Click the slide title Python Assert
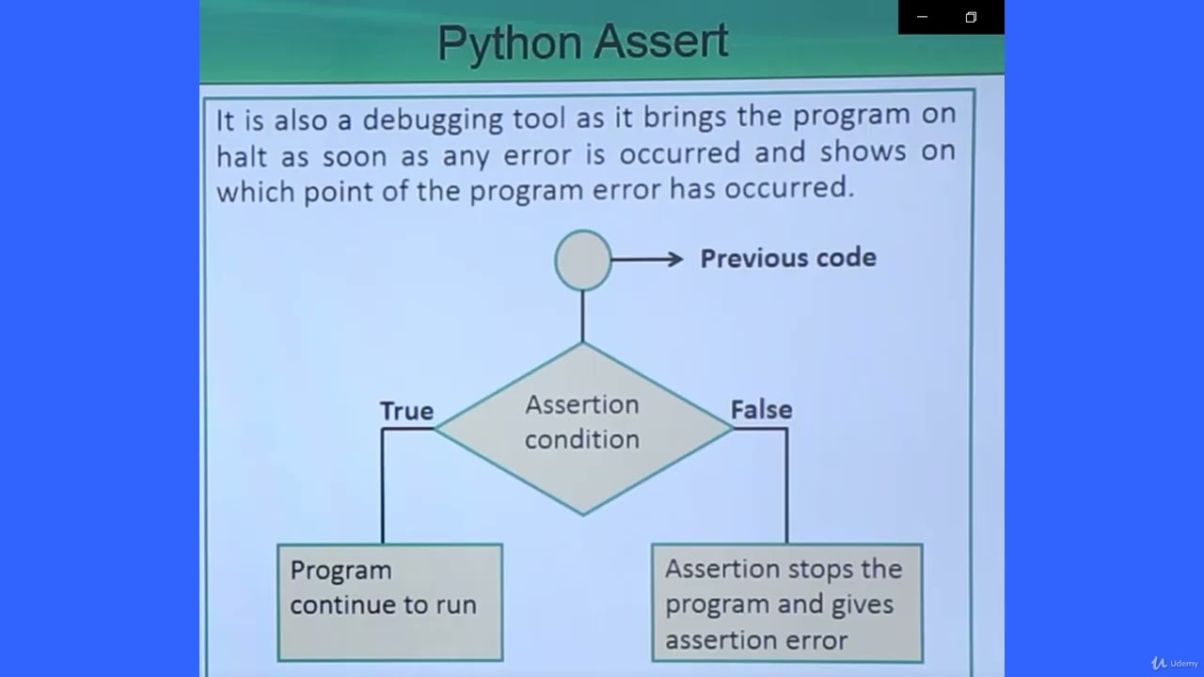click(x=582, y=42)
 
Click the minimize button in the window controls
click(x=922, y=17)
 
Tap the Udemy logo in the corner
click(x=1174, y=663)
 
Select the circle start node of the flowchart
click(x=583, y=260)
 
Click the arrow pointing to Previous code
click(x=647, y=260)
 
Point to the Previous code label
click(x=787, y=259)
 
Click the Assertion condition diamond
click(x=582, y=428)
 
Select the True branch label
click(x=406, y=411)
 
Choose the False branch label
click(x=761, y=410)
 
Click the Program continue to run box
click(x=389, y=602)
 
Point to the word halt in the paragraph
click(x=242, y=156)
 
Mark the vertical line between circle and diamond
click(x=582, y=316)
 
